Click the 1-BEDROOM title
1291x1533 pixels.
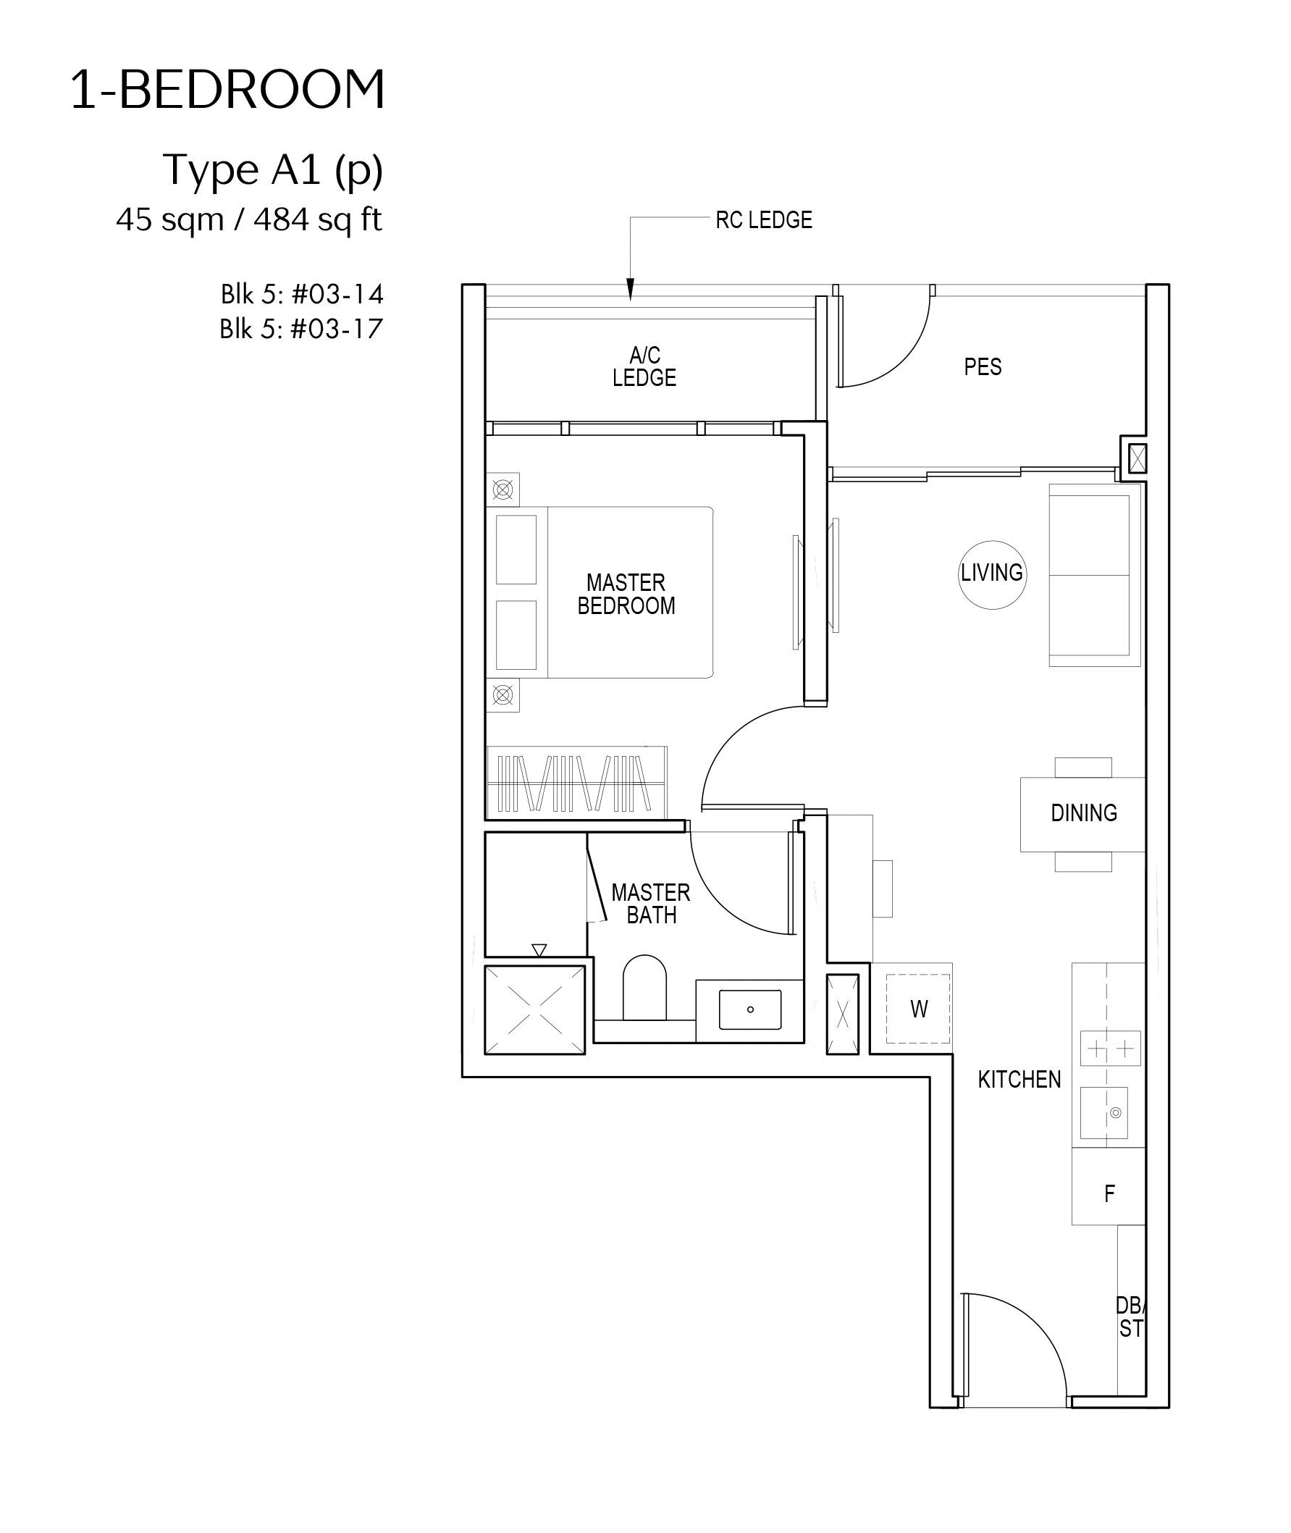[227, 90]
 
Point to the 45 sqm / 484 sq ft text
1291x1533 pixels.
[249, 219]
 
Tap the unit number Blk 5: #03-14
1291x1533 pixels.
[302, 294]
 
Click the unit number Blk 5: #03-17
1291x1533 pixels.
[301, 329]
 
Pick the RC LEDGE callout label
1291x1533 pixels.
[764, 219]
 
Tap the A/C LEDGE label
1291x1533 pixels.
[644, 366]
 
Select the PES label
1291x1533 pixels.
[983, 366]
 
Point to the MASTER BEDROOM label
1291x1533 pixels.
[626, 595]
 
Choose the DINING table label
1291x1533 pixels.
[1084, 813]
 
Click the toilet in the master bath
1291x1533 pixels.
[644, 987]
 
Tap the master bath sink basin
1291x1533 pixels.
[750, 1009]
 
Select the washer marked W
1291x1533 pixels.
[919, 1008]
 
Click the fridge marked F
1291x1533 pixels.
[1109, 1193]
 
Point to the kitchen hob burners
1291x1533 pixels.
[1110, 1049]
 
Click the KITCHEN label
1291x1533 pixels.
[1019, 1079]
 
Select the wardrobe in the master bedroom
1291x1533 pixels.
[576, 782]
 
